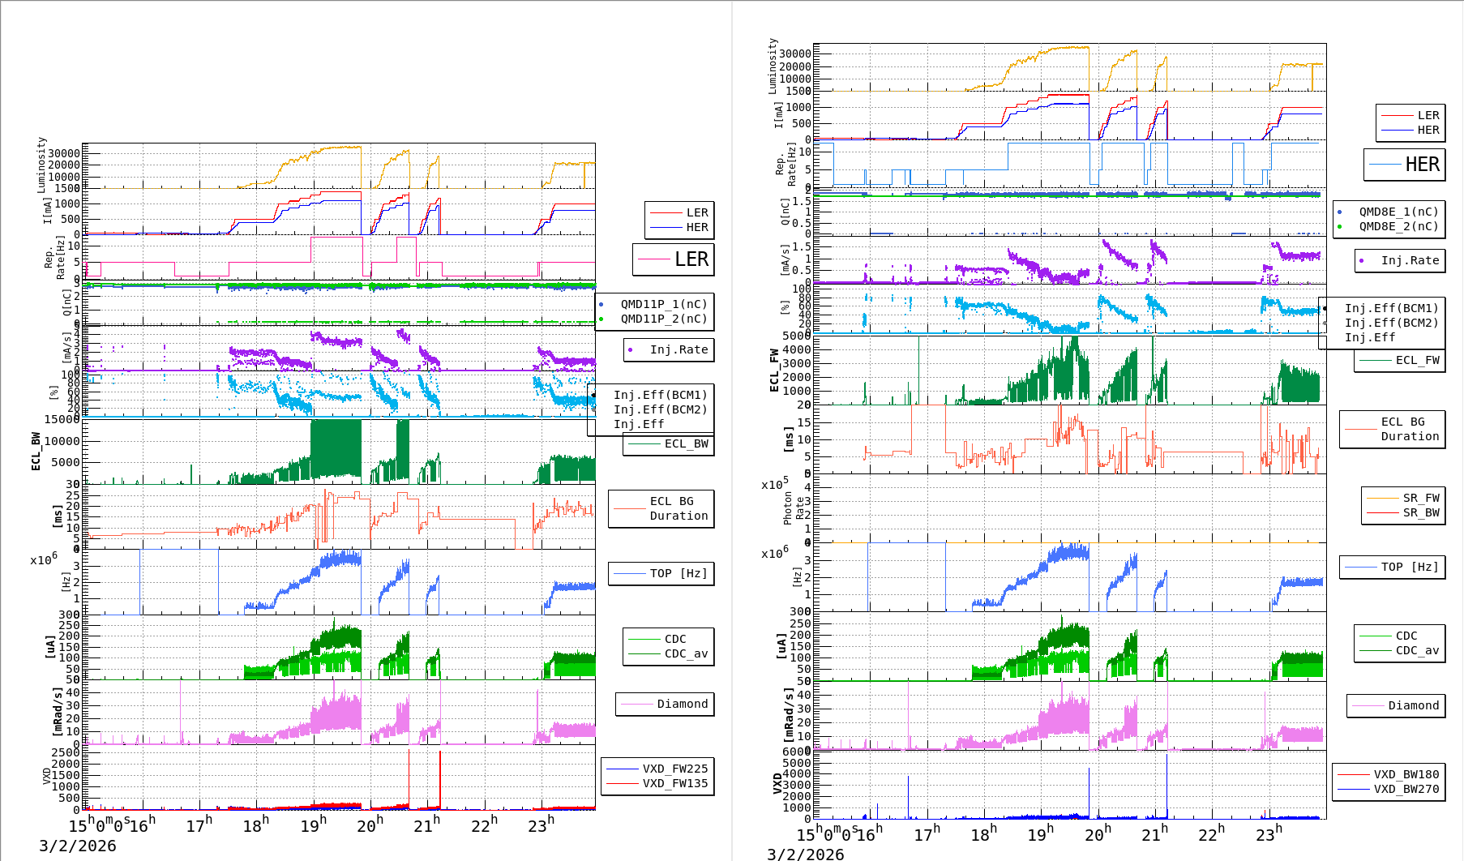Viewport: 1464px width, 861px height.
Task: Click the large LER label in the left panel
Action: [x=691, y=259]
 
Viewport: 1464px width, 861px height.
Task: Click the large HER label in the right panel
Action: [x=1422, y=165]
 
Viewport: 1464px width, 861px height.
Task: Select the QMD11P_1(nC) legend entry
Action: [x=663, y=304]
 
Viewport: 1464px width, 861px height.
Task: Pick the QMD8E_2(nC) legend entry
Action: [x=1398, y=226]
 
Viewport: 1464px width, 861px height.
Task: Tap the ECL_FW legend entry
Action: [x=1417, y=360]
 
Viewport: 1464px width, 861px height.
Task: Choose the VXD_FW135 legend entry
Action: [x=674, y=783]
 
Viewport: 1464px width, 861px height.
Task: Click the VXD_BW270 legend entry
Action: [x=1406, y=789]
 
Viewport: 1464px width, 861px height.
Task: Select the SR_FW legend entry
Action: [x=1421, y=498]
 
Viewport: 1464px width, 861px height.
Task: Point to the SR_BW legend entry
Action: [x=1421, y=512]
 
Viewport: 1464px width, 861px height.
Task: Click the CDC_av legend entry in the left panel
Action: [x=686, y=653]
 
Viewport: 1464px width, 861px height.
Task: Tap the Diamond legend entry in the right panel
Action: [x=1413, y=705]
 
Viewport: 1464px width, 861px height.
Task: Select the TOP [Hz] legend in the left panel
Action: [x=678, y=573]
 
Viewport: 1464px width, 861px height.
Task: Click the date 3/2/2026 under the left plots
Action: [x=78, y=846]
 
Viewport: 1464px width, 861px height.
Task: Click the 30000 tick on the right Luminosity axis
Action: [x=794, y=54]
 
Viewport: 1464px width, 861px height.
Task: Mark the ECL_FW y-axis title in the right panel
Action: [x=774, y=371]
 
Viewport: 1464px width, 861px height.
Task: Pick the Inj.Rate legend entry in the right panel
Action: [x=1410, y=260]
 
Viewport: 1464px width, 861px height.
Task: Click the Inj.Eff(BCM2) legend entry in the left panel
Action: [x=660, y=409]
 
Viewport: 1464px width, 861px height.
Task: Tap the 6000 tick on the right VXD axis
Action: [x=796, y=752]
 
